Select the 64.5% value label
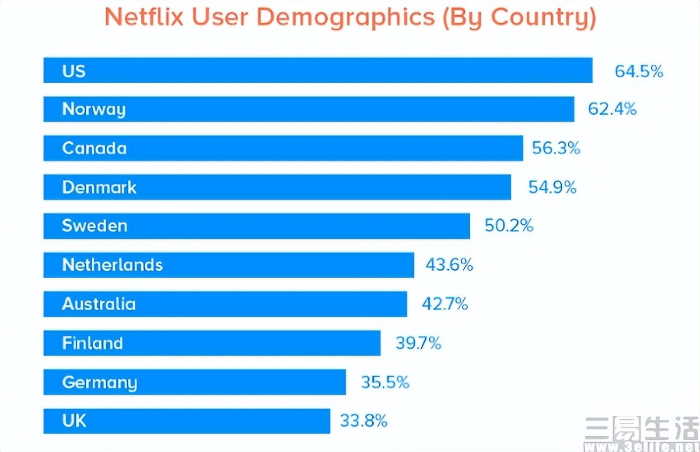639,71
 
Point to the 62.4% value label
612,109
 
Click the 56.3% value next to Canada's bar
556,148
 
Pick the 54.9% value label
552,187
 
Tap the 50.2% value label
509,226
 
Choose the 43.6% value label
449,265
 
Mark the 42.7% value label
444,304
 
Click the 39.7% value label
418,343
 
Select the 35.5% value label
385,383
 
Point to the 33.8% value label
363,420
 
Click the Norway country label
94,110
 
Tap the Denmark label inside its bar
99,187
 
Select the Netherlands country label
113,265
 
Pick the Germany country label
100,383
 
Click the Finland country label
93,343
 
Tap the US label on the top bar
74,71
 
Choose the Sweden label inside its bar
94,226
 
